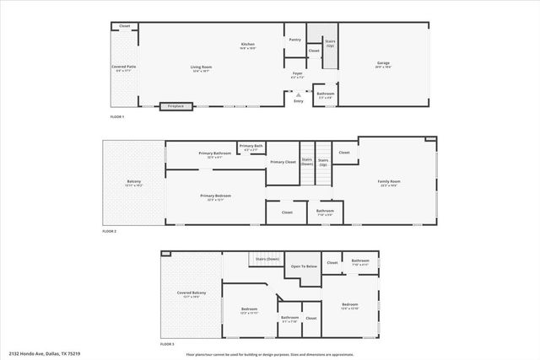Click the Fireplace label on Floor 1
pyautogui.click(x=175, y=106)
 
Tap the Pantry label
pyautogui.click(x=294, y=40)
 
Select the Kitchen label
pyautogui.click(x=248, y=45)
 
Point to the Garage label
pyautogui.click(x=382, y=65)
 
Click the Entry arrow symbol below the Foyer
pyautogui.click(x=298, y=94)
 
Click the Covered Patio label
pyautogui.click(x=123, y=67)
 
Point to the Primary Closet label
pyautogui.click(x=283, y=161)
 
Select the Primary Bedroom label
pyautogui.click(x=215, y=196)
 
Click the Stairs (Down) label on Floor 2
pyautogui.click(x=307, y=161)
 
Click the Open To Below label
pyautogui.click(x=304, y=266)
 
